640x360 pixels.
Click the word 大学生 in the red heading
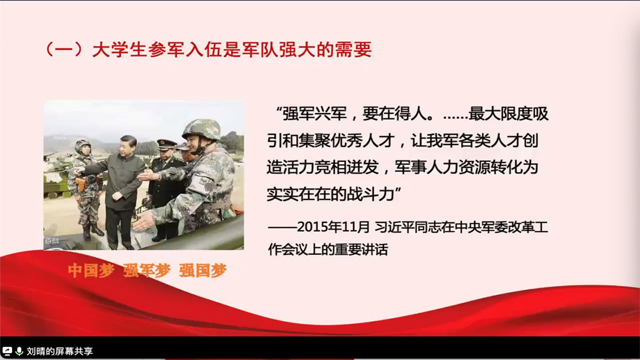[119, 50]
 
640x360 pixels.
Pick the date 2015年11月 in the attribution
[334, 227]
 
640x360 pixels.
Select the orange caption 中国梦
[91, 270]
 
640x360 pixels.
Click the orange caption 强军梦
[147, 270]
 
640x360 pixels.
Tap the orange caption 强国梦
[203, 270]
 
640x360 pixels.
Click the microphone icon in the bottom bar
[19, 351]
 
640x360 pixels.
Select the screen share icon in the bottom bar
[7, 351]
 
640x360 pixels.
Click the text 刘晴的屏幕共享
[60, 351]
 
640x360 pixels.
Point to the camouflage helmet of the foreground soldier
[202, 129]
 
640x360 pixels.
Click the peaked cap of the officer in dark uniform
[166, 145]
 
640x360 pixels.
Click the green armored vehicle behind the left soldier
[57, 179]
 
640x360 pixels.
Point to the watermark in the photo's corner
[52, 241]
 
